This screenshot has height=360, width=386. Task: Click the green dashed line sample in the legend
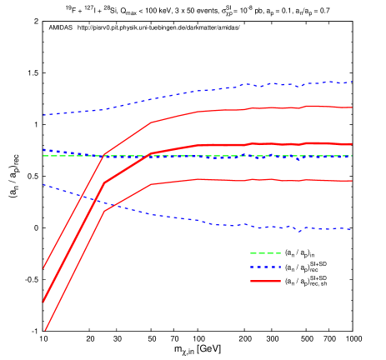pos(265,253)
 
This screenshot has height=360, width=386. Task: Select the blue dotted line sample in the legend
pos(265,267)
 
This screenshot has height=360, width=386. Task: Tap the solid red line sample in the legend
pos(265,282)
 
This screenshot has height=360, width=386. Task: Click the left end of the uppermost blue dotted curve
pos(43,115)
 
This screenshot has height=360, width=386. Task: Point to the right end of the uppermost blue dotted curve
pos(352,82)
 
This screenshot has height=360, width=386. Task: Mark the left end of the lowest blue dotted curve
pos(43,185)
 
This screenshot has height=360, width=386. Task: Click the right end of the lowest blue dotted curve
pos(352,229)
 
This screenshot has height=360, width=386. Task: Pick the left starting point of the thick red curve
pos(43,302)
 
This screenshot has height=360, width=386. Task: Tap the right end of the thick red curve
pos(352,144)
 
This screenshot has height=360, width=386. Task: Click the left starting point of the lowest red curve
pos(45,330)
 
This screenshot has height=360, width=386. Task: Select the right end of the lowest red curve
pos(352,181)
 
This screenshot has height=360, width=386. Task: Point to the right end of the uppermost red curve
pos(352,107)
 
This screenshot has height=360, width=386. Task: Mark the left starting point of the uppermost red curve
pos(43,268)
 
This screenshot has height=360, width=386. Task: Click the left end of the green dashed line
pos(43,156)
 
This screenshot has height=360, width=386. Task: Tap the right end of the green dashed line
pos(352,156)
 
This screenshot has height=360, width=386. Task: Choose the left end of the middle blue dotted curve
pos(43,149)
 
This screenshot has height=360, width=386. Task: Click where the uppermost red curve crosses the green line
pos(103,156)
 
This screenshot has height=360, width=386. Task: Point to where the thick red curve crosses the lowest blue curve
pos(88,198)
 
